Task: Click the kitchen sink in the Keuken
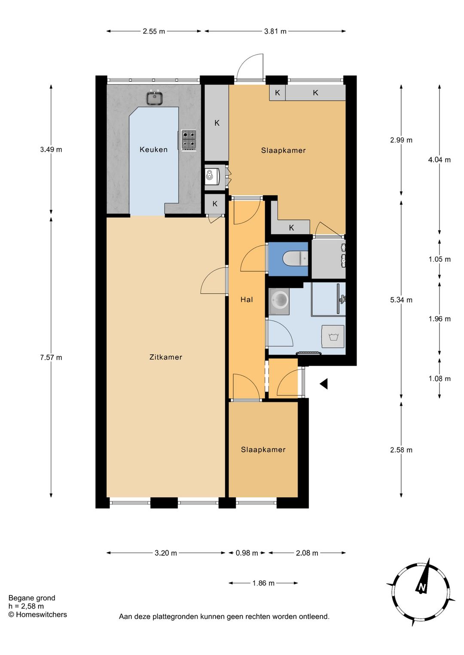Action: point(155,97)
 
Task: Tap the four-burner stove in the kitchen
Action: point(189,140)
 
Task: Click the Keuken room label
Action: point(153,149)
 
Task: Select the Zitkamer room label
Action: point(166,357)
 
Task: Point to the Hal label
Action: point(247,299)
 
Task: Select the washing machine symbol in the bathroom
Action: point(333,336)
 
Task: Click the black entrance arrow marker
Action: point(324,384)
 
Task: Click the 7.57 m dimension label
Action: point(51,357)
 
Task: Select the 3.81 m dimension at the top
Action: point(275,31)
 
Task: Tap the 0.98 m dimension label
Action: point(247,553)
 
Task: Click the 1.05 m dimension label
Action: point(440,259)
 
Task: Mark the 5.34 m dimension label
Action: point(401,300)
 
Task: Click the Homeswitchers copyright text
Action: point(38,614)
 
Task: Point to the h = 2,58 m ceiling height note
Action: point(26,606)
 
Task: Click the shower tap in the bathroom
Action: point(342,299)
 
